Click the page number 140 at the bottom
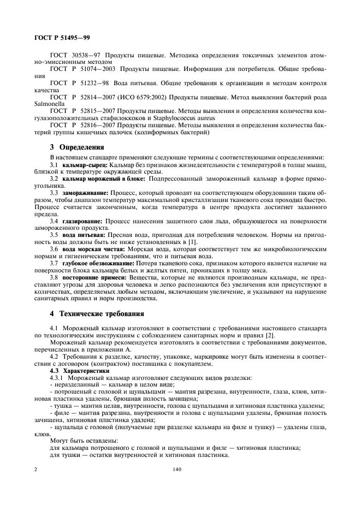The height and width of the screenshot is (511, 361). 176,469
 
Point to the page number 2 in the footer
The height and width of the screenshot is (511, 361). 35,469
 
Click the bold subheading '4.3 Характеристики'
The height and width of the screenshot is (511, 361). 75,370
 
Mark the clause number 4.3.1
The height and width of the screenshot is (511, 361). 58,377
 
